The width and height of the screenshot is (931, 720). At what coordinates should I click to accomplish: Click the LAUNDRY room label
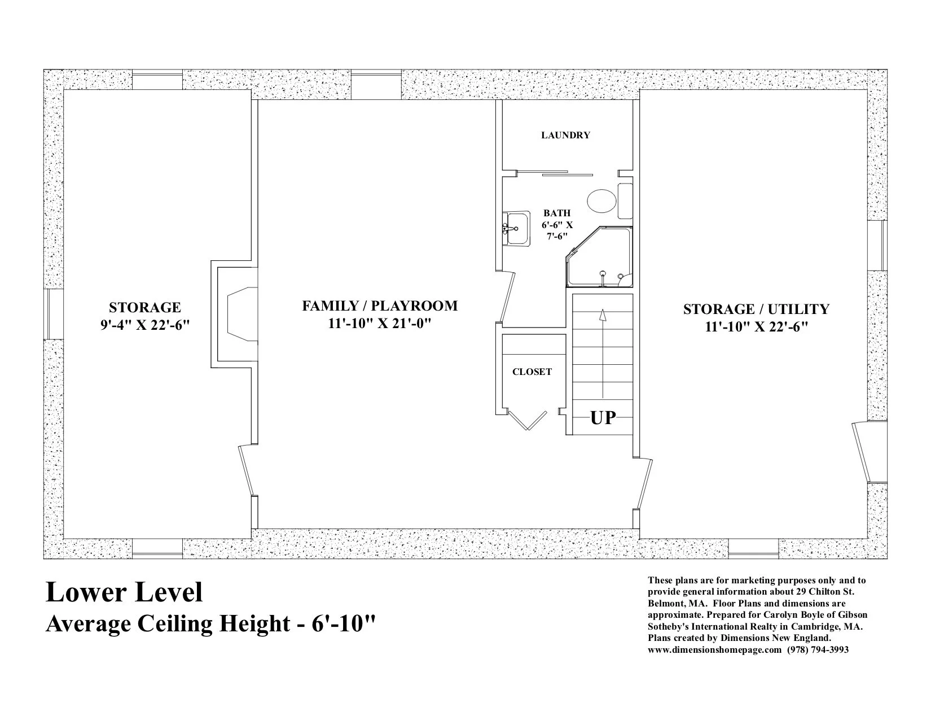pos(565,136)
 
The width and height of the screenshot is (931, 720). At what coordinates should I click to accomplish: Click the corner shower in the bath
pos(600,257)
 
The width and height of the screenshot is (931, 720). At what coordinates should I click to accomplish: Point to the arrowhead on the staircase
pos(603,315)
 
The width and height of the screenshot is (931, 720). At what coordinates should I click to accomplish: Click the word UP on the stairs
pos(603,418)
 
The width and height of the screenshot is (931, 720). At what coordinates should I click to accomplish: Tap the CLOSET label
pos(532,372)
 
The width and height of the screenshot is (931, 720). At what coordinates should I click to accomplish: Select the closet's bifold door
pos(528,420)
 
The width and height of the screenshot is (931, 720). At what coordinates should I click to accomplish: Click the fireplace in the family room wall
pos(235,314)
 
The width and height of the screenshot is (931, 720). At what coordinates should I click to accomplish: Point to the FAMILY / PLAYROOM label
pos(380,306)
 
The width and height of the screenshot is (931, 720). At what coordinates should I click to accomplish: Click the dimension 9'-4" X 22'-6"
pos(145,325)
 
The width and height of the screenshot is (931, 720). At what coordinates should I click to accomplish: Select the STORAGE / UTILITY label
pos(756,309)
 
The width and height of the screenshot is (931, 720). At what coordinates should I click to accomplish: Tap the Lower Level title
pos(124,592)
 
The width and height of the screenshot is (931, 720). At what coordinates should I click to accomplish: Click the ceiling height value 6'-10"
pos(343,623)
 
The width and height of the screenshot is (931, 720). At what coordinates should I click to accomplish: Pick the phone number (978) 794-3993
pos(818,649)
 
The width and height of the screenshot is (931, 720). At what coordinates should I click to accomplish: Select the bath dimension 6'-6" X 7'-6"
pos(557,230)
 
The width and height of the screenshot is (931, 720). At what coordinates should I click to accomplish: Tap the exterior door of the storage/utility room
pos(869,452)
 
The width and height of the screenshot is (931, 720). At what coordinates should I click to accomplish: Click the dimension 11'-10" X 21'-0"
pos(380,324)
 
